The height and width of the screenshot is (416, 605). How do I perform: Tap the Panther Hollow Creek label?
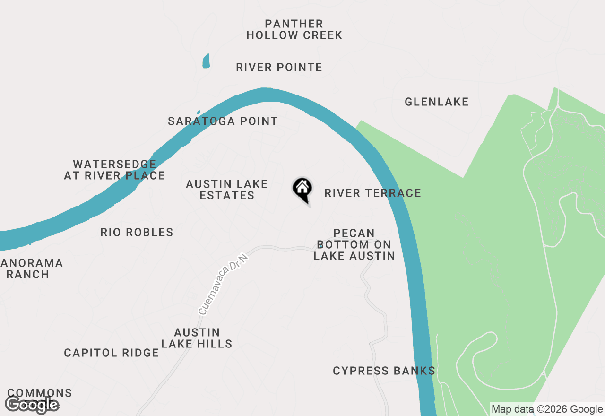tap(294, 29)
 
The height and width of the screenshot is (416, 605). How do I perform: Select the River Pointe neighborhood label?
tap(279, 67)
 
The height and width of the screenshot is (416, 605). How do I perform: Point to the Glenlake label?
tap(436, 102)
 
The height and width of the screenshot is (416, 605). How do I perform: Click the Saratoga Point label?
tap(223, 121)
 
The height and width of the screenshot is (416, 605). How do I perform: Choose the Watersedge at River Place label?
tap(114, 170)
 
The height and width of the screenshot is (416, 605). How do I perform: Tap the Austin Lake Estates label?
tap(227, 190)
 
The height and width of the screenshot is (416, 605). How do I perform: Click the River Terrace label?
tap(372, 193)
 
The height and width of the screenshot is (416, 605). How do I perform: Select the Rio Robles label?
tap(137, 232)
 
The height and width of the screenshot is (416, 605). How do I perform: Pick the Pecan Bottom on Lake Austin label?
tap(354, 244)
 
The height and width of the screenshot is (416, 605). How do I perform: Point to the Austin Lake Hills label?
tap(197, 338)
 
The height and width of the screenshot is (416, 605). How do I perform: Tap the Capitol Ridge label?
tap(111, 353)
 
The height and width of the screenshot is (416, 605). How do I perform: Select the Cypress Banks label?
tap(384, 371)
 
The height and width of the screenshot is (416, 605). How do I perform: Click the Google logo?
tap(32, 405)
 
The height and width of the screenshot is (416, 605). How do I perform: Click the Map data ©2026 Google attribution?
tap(547, 409)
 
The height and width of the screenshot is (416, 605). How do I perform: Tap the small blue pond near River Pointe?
tap(206, 61)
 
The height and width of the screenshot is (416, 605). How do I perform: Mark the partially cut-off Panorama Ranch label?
tap(31, 269)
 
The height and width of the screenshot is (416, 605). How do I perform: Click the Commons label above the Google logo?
tap(40, 393)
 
